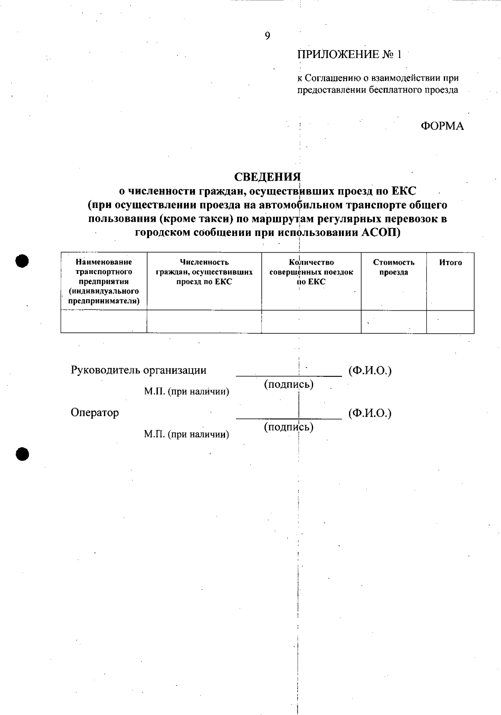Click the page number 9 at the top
click(x=267, y=36)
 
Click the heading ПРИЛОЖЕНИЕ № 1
click(x=349, y=55)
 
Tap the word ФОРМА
click(x=442, y=126)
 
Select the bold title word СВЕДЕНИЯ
click(x=267, y=177)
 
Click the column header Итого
click(x=450, y=263)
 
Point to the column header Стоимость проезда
click(x=394, y=267)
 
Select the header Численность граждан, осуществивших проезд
click(x=204, y=272)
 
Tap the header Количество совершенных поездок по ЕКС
click(x=311, y=272)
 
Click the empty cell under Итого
click(x=450, y=322)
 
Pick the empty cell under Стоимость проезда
click(x=394, y=322)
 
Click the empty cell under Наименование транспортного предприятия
click(x=104, y=322)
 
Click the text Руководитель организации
click(x=139, y=370)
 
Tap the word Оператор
click(x=95, y=413)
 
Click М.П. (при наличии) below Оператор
click(x=187, y=434)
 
